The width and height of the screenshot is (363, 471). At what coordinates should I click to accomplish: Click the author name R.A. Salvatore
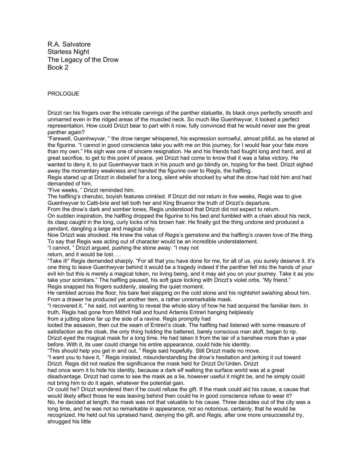point(69,44)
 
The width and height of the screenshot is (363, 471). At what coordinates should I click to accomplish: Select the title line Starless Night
point(68,52)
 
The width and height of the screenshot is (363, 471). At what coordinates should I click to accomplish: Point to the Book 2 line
point(58,67)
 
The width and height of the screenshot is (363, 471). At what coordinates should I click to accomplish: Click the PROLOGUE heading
point(63,94)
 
